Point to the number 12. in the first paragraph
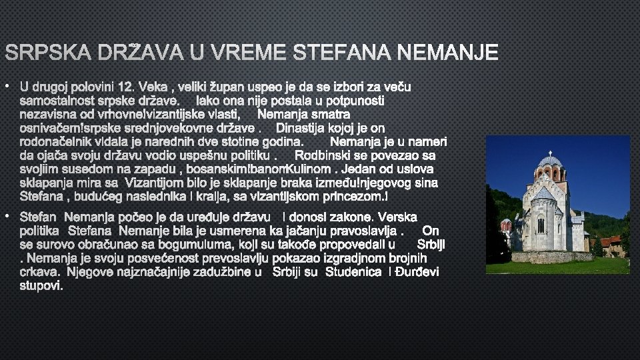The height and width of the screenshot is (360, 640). point(126,87)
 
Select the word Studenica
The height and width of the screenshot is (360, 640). point(351,271)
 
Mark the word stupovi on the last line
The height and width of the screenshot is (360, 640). point(41,285)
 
